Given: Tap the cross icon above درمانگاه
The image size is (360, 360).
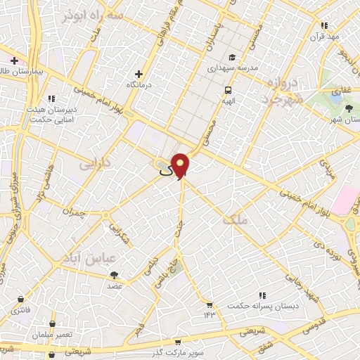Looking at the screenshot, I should (x=139, y=73).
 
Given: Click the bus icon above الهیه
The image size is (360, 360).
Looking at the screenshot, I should (x=229, y=90).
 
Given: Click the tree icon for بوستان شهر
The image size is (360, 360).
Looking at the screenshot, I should (x=349, y=107).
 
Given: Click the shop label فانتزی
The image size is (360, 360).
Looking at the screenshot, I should (x=22, y=302).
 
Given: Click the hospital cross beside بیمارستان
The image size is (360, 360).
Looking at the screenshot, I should (x=14, y=60).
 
